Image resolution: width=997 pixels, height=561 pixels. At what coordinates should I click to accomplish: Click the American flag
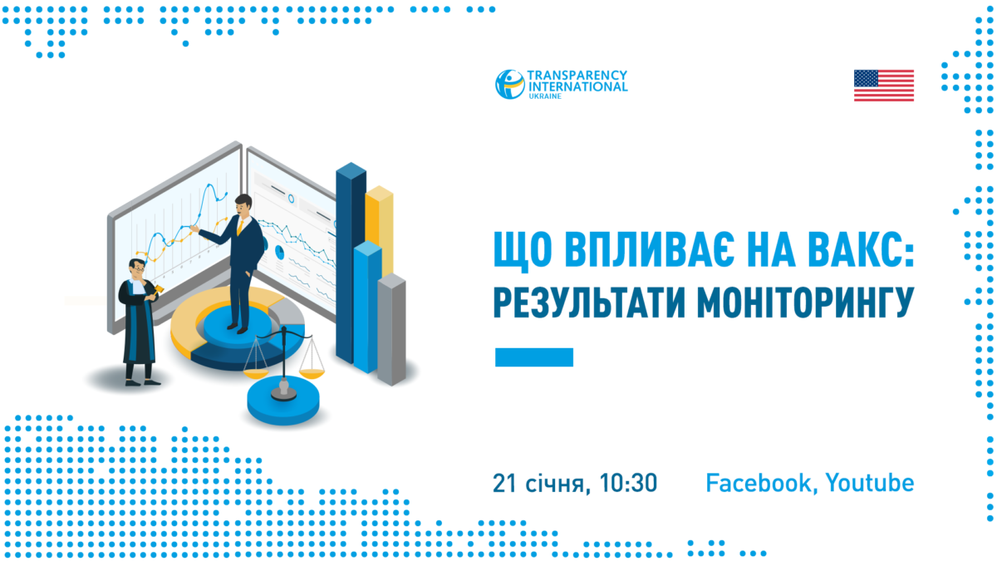pos(883,86)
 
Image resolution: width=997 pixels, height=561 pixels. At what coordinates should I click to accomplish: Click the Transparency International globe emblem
pos(510,84)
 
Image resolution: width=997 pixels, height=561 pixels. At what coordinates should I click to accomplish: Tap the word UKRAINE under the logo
pos(545,96)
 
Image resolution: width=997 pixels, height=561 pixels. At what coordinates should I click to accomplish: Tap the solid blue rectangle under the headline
pos(534,357)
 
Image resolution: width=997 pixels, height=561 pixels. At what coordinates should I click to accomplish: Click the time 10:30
pos(628,483)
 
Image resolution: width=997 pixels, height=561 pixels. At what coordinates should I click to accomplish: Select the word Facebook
pos(758,483)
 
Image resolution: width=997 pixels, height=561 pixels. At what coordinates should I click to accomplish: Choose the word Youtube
pos(869,483)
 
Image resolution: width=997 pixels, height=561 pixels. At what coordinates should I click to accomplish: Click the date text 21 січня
pos(538,484)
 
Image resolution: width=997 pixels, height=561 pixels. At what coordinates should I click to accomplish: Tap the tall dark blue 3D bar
pos(351,263)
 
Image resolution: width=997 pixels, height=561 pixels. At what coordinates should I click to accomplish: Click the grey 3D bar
pos(391,329)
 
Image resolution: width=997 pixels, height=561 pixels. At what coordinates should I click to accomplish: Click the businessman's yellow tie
pos(240,227)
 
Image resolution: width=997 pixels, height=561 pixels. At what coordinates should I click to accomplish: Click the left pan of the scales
pos(256,375)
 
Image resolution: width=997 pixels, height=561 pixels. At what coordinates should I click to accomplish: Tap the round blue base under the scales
pos(283,401)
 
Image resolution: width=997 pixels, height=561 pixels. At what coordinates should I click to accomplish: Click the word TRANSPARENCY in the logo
pos(577,76)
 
